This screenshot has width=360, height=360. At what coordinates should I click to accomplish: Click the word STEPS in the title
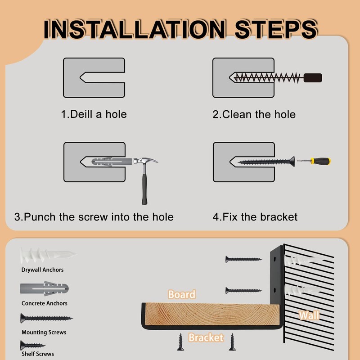tap(276, 29)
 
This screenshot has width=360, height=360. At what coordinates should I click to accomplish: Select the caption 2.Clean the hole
tap(254, 114)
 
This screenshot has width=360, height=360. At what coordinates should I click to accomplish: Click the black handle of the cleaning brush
tap(312, 78)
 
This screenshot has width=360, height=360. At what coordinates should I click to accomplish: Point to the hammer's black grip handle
tap(144, 189)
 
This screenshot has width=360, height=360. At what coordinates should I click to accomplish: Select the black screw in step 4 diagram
tap(266, 162)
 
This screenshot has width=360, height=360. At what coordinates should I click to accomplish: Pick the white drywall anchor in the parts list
tap(48, 255)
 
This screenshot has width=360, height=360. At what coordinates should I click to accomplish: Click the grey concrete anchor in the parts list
tap(44, 288)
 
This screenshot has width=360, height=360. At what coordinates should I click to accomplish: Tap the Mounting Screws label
tap(44, 332)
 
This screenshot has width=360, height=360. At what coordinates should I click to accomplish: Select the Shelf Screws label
tap(38, 354)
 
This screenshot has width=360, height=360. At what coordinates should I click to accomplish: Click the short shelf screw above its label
tap(32, 345)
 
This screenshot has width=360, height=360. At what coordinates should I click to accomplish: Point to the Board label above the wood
tap(182, 294)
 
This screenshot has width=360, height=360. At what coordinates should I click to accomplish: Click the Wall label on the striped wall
tap(309, 315)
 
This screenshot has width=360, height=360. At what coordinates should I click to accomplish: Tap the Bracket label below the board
tap(206, 337)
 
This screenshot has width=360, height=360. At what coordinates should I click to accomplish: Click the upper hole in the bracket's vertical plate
tap(275, 259)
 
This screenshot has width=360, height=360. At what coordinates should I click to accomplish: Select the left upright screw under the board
tap(180, 342)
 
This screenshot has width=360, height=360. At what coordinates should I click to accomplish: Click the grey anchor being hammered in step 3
tap(112, 162)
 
